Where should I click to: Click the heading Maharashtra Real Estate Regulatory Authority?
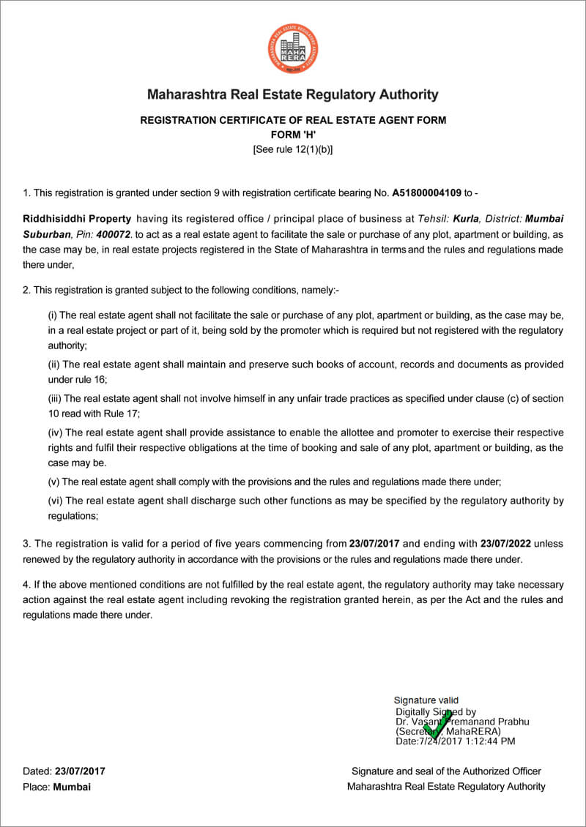pos(293,94)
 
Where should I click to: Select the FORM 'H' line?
pos(293,135)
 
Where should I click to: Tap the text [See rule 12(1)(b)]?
pos(293,149)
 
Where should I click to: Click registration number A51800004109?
pos(427,193)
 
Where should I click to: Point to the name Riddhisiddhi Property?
pos(77,219)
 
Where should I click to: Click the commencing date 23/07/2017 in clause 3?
pos(374,544)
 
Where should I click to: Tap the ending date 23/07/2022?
pos(505,544)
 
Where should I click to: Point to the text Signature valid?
pos(426,700)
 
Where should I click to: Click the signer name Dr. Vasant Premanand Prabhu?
pos(462,722)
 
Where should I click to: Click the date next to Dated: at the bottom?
pos(81,771)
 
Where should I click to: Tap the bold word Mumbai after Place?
pos(72,787)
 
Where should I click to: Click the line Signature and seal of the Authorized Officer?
pos(446,771)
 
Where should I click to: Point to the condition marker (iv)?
pos(56,432)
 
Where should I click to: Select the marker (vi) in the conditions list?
pos(56,501)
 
